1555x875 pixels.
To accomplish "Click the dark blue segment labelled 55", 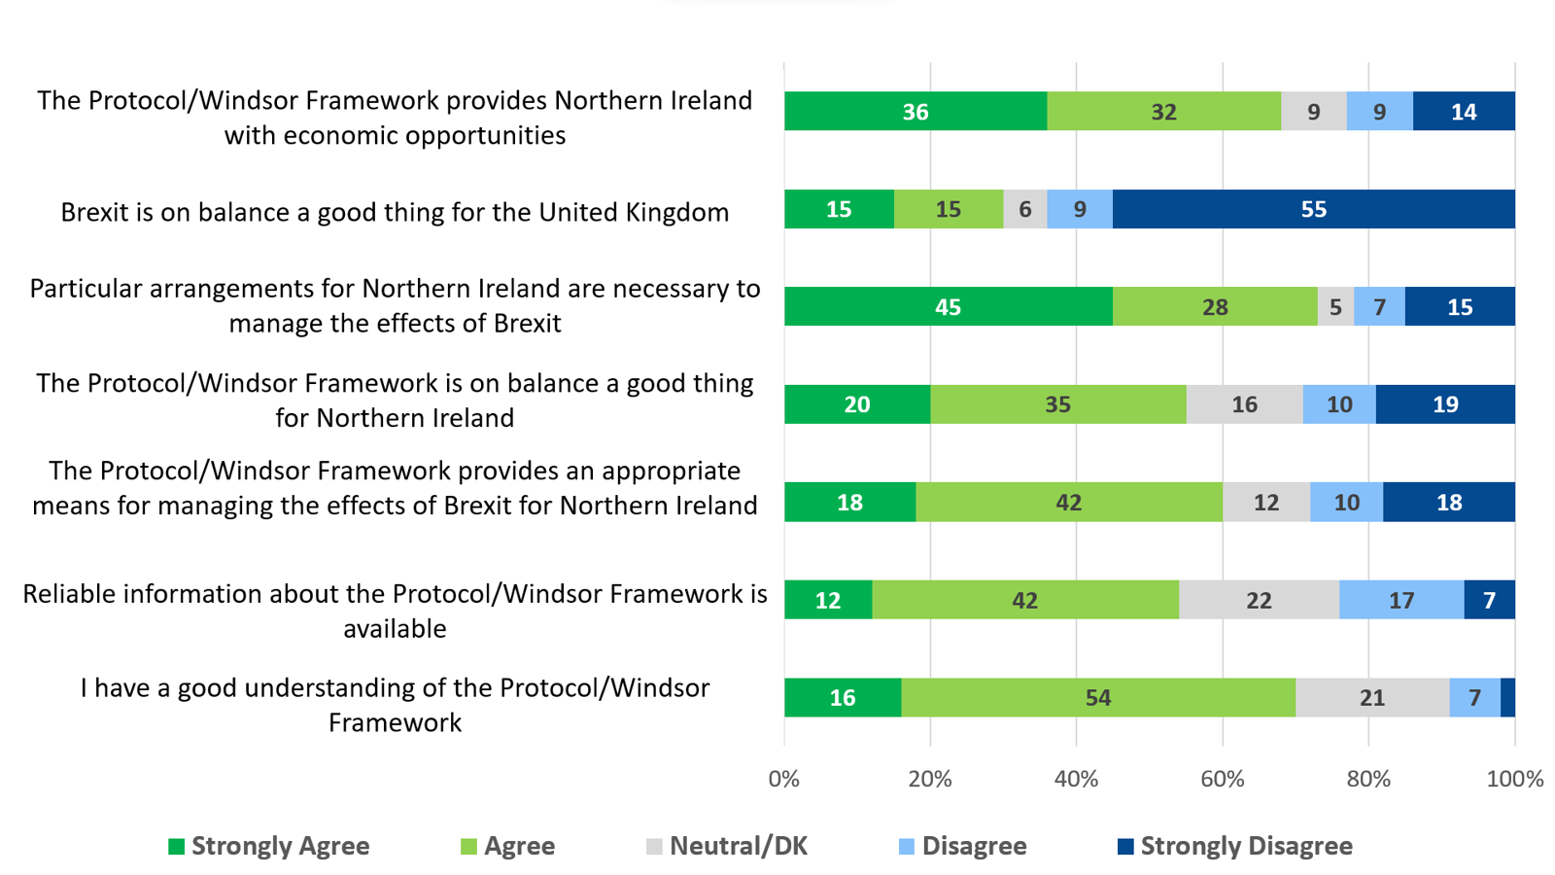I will click(x=1313, y=209).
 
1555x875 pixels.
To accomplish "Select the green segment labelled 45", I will click(x=948, y=306).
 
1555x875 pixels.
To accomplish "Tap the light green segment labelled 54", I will click(x=1097, y=697).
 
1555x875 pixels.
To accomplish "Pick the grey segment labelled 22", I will click(x=1259, y=600).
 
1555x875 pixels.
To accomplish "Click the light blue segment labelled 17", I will click(x=1400, y=600).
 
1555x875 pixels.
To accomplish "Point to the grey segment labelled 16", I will click(x=1244, y=404).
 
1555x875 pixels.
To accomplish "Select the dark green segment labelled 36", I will click(x=915, y=112).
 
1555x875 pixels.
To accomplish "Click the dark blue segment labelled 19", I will click(x=1445, y=404).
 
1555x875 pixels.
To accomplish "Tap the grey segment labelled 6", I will click(x=1024, y=209).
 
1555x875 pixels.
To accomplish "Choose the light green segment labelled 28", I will click(x=1215, y=306).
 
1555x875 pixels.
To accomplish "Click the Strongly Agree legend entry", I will click(x=269, y=846).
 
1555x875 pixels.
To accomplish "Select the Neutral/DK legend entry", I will click(x=727, y=846).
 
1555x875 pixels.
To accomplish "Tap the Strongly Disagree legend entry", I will click(x=1235, y=846).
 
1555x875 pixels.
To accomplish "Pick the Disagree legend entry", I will click(x=963, y=846).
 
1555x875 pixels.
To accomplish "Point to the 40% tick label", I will click(x=1076, y=779).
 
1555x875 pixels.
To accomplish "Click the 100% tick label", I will click(x=1514, y=779).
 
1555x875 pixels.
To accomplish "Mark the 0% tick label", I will click(x=784, y=779).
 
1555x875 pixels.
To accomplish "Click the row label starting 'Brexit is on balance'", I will click(x=395, y=212).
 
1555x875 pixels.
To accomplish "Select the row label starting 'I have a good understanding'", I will click(x=395, y=705).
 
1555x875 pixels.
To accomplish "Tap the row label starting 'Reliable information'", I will click(x=395, y=611).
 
